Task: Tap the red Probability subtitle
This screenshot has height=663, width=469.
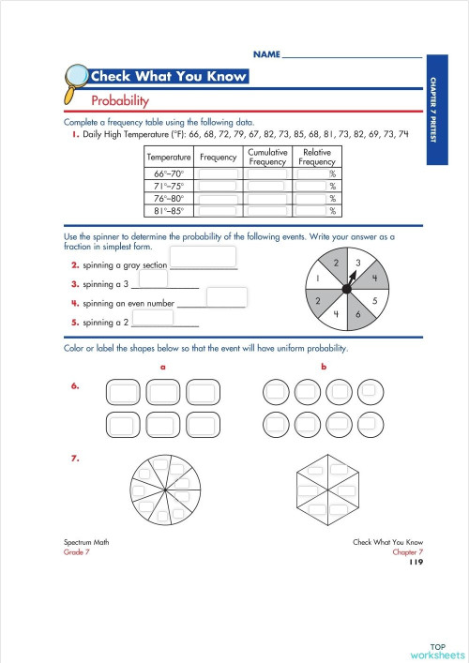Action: (120, 99)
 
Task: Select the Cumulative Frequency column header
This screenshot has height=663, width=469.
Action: (267, 157)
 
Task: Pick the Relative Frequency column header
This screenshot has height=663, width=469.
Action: (316, 157)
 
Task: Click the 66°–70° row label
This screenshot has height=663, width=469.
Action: (169, 173)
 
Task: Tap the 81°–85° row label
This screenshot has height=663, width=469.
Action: (169, 210)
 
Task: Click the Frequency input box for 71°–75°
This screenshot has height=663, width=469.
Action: (218, 186)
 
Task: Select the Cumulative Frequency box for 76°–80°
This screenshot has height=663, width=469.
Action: (267, 198)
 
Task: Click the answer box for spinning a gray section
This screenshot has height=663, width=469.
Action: (202, 257)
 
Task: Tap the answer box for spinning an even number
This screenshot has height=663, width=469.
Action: (226, 296)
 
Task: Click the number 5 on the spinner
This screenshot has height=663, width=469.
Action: (375, 301)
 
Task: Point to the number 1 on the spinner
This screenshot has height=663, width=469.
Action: (319, 279)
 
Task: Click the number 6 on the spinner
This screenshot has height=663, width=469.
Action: (358, 317)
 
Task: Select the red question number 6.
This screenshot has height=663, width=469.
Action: (74, 385)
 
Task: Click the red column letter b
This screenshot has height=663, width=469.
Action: (324, 367)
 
